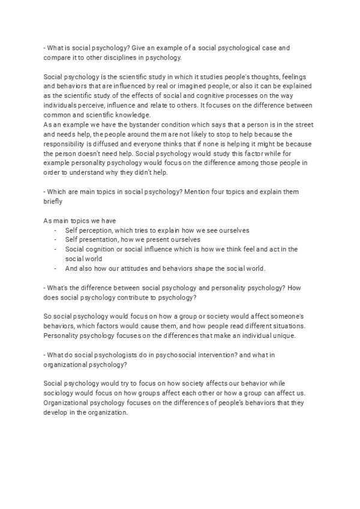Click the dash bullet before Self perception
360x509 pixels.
[55, 231]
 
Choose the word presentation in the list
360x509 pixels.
[100, 239]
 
